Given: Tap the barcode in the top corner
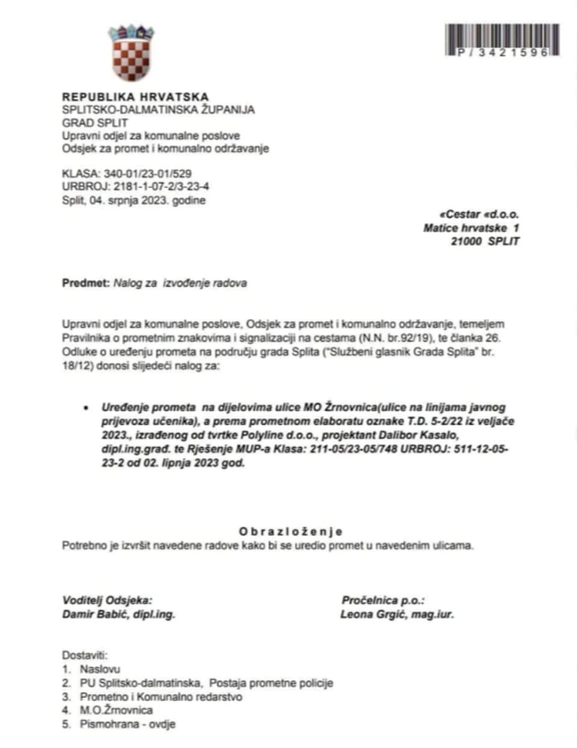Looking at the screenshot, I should pyautogui.click(x=502, y=41).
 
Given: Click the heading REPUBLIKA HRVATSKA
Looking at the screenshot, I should pyautogui.click(x=135, y=97).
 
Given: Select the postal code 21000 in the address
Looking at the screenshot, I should pyautogui.click(x=466, y=241).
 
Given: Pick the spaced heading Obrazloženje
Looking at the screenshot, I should pyautogui.click(x=290, y=532).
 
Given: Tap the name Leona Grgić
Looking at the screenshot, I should pyautogui.click(x=371, y=614).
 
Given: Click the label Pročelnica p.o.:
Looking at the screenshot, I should pyautogui.click(x=383, y=600).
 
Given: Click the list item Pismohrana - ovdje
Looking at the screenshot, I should pyautogui.click(x=128, y=724).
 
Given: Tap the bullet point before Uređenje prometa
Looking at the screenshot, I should pyautogui.click(x=85, y=408).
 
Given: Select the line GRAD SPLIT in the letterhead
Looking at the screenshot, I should pyautogui.click(x=95, y=123).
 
